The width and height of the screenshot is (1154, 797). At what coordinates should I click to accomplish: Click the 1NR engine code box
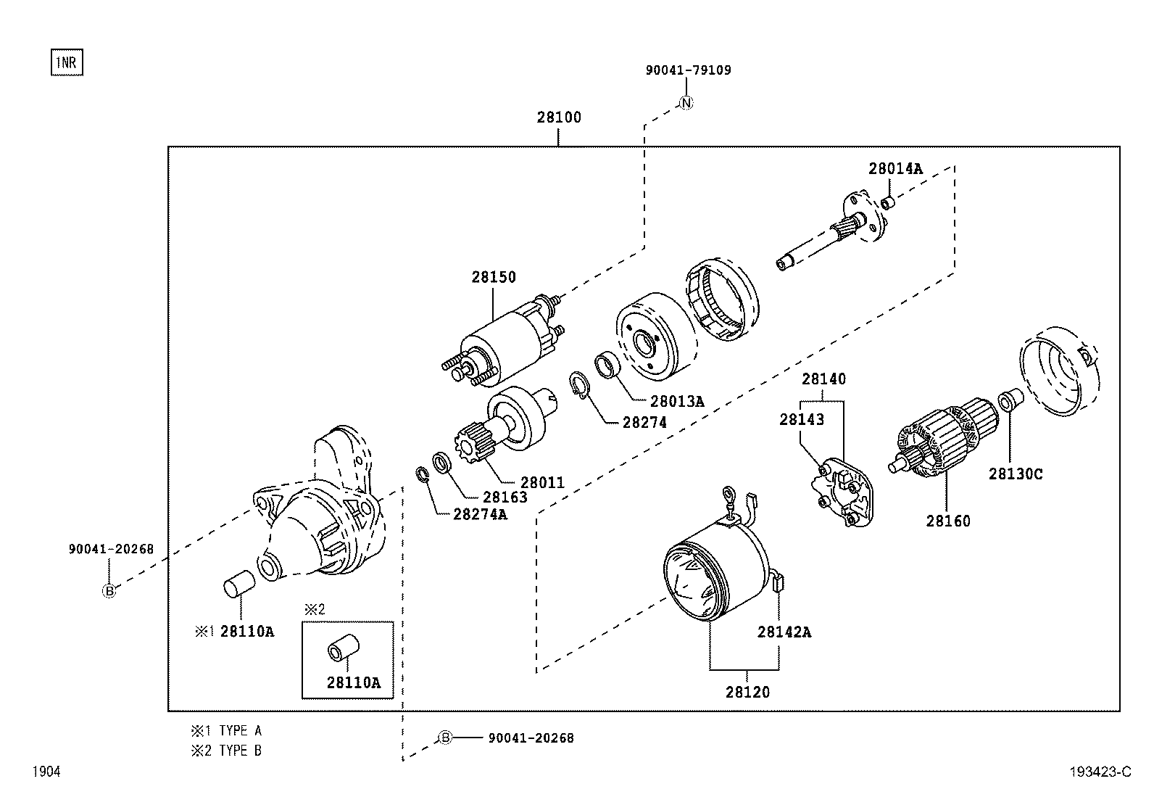click(x=67, y=63)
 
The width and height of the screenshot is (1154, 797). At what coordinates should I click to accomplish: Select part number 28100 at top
click(x=558, y=117)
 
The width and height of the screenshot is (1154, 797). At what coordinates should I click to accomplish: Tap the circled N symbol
click(x=686, y=103)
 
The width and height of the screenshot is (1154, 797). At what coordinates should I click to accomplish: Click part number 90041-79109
click(x=688, y=70)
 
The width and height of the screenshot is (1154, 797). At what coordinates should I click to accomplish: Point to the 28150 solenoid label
click(x=494, y=277)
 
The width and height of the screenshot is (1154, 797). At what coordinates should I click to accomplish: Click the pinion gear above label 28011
click(x=470, y=441)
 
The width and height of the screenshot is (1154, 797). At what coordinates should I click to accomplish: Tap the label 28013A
click(x=677, y=401)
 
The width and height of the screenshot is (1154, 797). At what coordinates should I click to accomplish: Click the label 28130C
click(x=1016, y=474)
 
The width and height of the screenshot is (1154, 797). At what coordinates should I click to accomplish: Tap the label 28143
click(x=801, y=420)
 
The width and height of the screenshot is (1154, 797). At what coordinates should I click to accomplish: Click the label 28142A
click(x=784, y=632)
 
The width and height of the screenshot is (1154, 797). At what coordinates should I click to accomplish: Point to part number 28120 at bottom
click(x=747, y=693)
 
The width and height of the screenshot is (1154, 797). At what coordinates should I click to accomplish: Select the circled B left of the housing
click(x=109, y=591)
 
